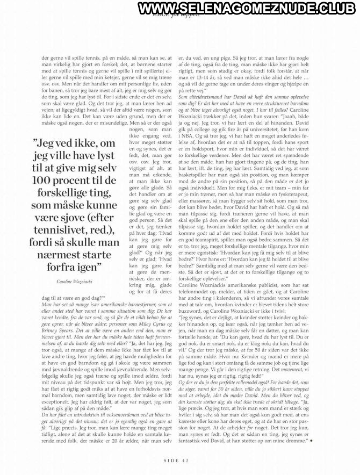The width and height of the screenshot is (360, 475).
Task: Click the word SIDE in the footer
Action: (x=170, y=459)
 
